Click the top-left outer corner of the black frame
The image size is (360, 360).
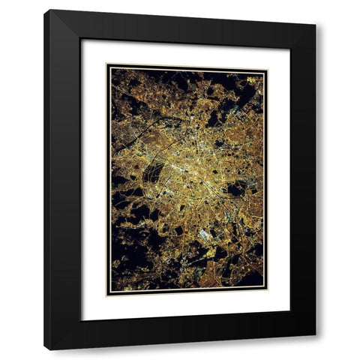(44, 10)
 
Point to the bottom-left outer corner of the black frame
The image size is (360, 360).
(44, 349)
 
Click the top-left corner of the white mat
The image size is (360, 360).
(81, 39)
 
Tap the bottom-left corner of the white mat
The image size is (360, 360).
(81, 320)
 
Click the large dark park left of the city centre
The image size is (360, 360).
(153, 174)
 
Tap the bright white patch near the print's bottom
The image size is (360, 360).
(205, 235)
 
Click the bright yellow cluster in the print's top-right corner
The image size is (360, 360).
(251, 78)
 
